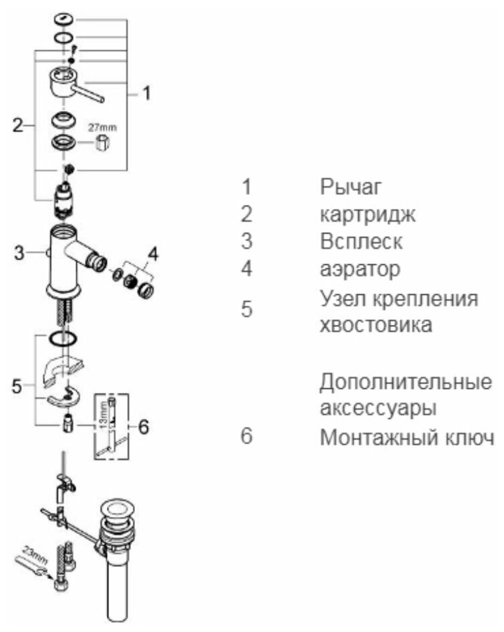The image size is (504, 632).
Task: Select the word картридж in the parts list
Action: coord(367,215)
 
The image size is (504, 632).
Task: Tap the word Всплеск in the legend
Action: coord(361,241)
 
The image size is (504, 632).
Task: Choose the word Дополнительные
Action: coord(405,381)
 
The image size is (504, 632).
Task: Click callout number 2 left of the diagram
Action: coord(18,125)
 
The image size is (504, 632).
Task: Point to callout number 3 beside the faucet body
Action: coord(19,252)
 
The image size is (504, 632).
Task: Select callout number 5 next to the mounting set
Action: coord(17,386)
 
